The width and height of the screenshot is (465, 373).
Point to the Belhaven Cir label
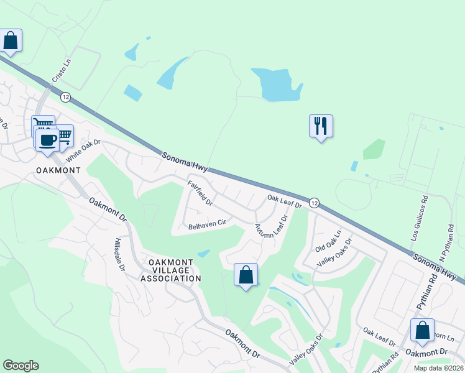206,226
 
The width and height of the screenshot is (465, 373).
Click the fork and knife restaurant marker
321,126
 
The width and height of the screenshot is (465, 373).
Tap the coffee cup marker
47,140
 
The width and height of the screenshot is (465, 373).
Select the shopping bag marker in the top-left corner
11,40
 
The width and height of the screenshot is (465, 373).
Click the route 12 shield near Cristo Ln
65,97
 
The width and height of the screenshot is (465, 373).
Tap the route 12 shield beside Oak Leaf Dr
314,203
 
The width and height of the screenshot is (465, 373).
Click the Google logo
21,366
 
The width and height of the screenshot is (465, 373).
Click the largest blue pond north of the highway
275,84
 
